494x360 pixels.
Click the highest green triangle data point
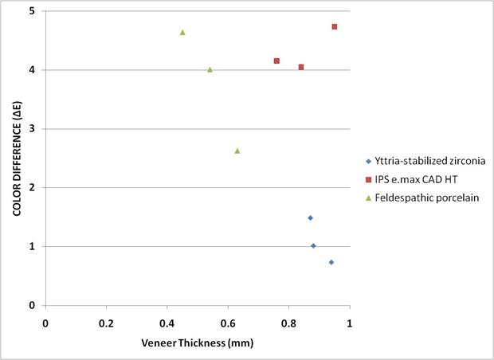point(182,33)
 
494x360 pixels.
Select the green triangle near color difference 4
point(210,69)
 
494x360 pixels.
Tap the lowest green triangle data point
point(237,151)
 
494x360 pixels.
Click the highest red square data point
point(335,27)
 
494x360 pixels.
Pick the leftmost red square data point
point(276,61)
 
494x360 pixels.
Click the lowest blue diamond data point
point(331,262)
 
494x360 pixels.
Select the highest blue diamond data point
point(310,217)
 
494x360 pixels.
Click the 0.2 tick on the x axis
point(106,324)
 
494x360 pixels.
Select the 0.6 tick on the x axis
point(228,324)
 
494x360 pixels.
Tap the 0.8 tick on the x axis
point(288,324)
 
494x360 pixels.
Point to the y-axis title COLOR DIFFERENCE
point(16,158)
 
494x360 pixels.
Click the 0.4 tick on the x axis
point(167,324)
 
